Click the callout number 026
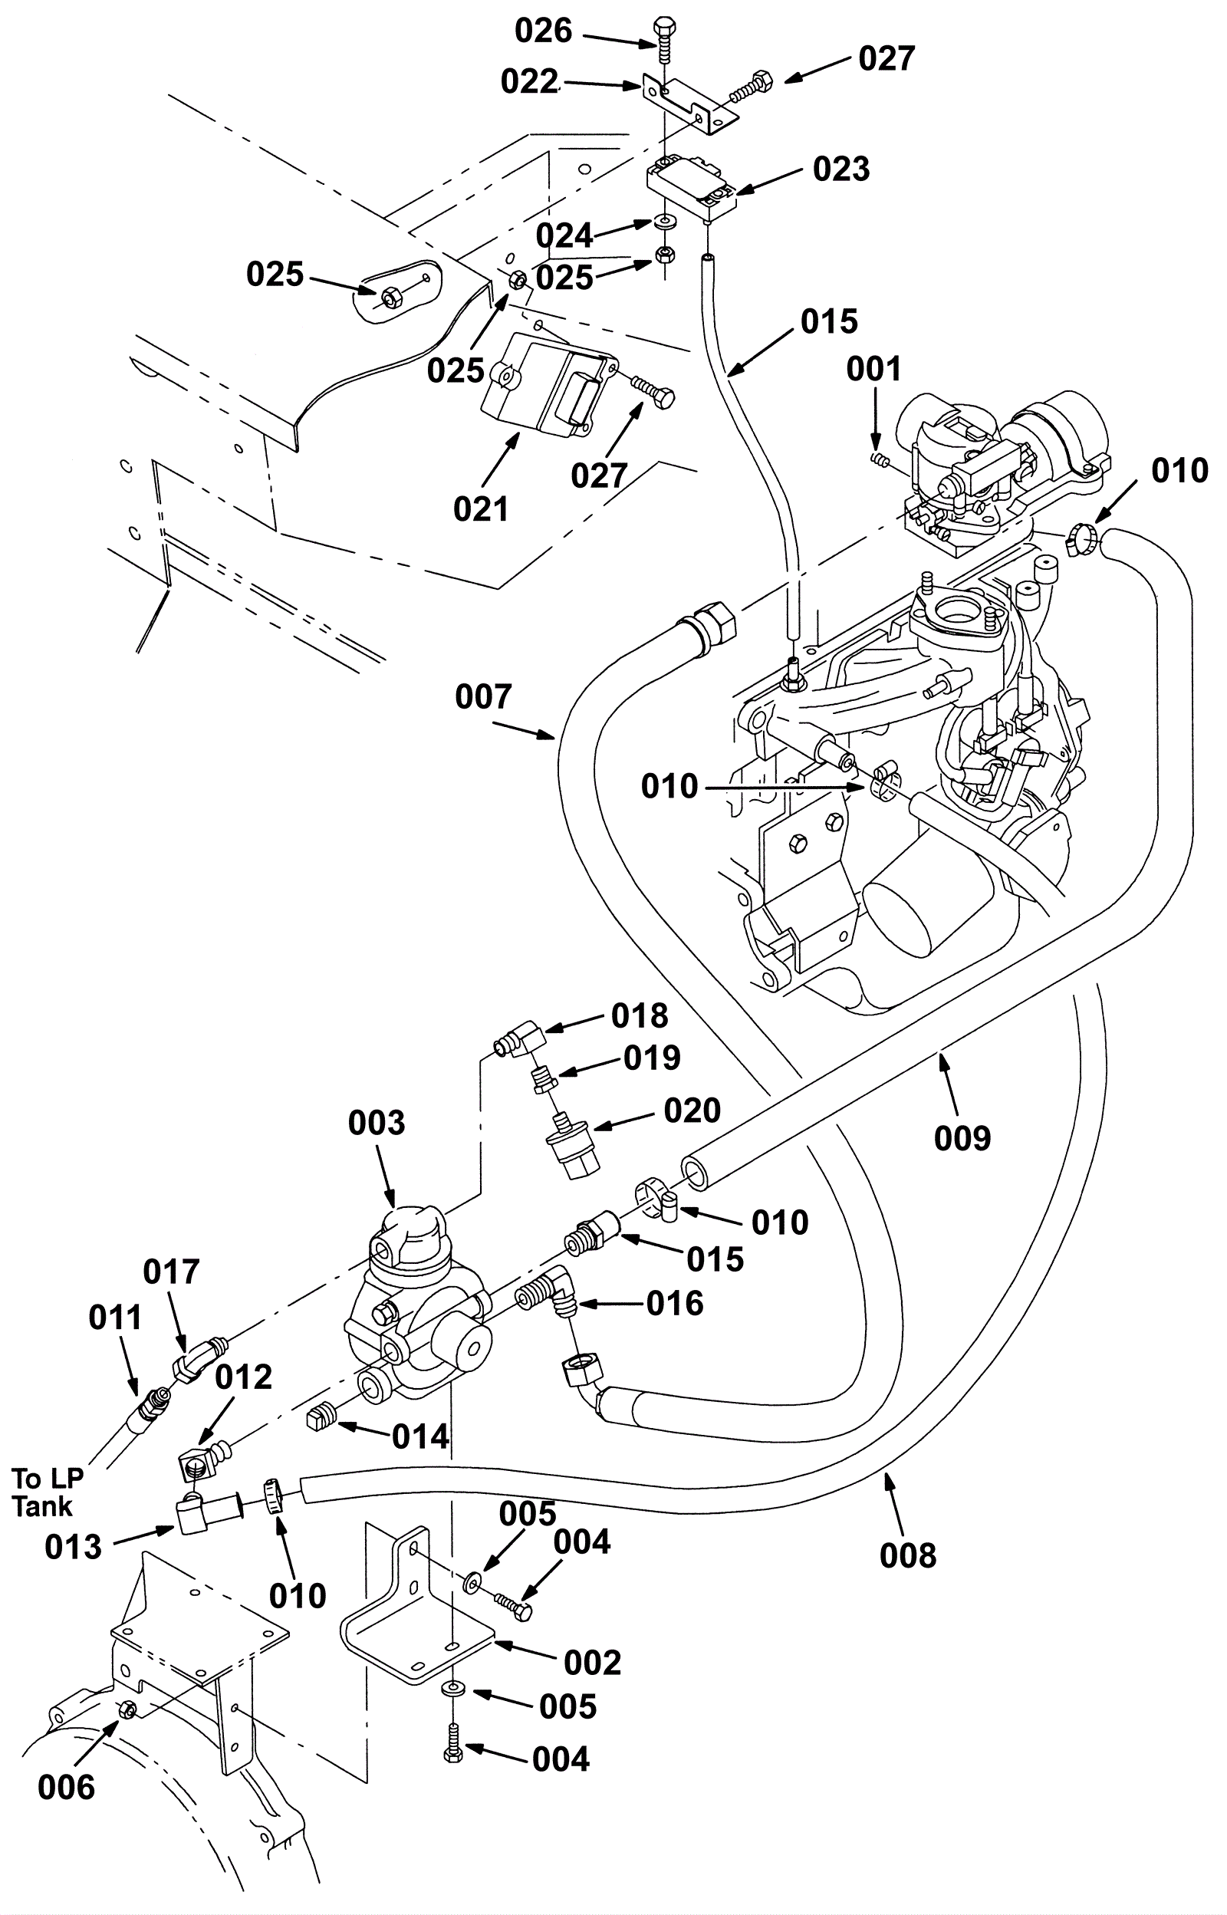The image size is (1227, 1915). pos(544,31)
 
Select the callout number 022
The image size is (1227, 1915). pos(529,82)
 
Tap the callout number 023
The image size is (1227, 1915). pos(841,169)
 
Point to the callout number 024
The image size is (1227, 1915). pos(564,235)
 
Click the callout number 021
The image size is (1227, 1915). pos(480,508)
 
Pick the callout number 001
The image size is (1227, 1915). pos(874,369)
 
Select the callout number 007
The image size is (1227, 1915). pos(483,697)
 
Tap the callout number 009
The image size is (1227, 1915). pos(962,1137)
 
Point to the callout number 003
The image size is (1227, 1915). pos(377,1124)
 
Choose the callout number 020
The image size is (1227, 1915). pos(692,1111)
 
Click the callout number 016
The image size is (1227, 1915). pos(675,1303)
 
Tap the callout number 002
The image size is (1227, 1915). pos(592,1663)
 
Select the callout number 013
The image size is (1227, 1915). pos(74,1546)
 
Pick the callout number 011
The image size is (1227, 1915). pos(115,1318)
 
